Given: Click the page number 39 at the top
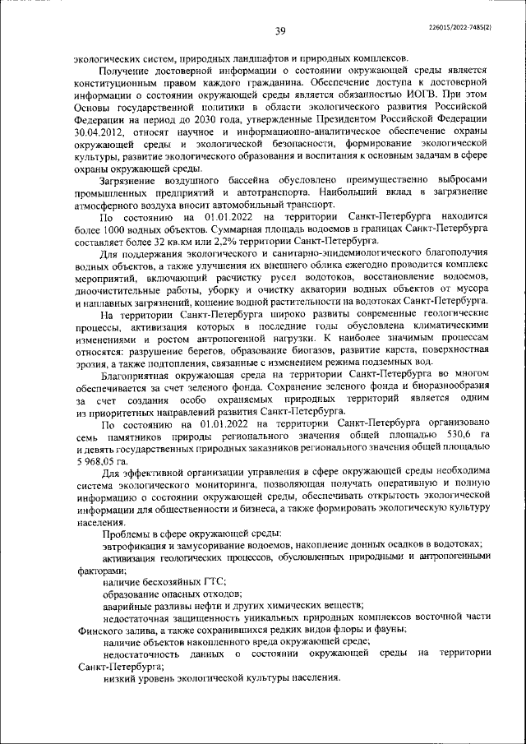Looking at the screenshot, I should click(279, 31).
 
